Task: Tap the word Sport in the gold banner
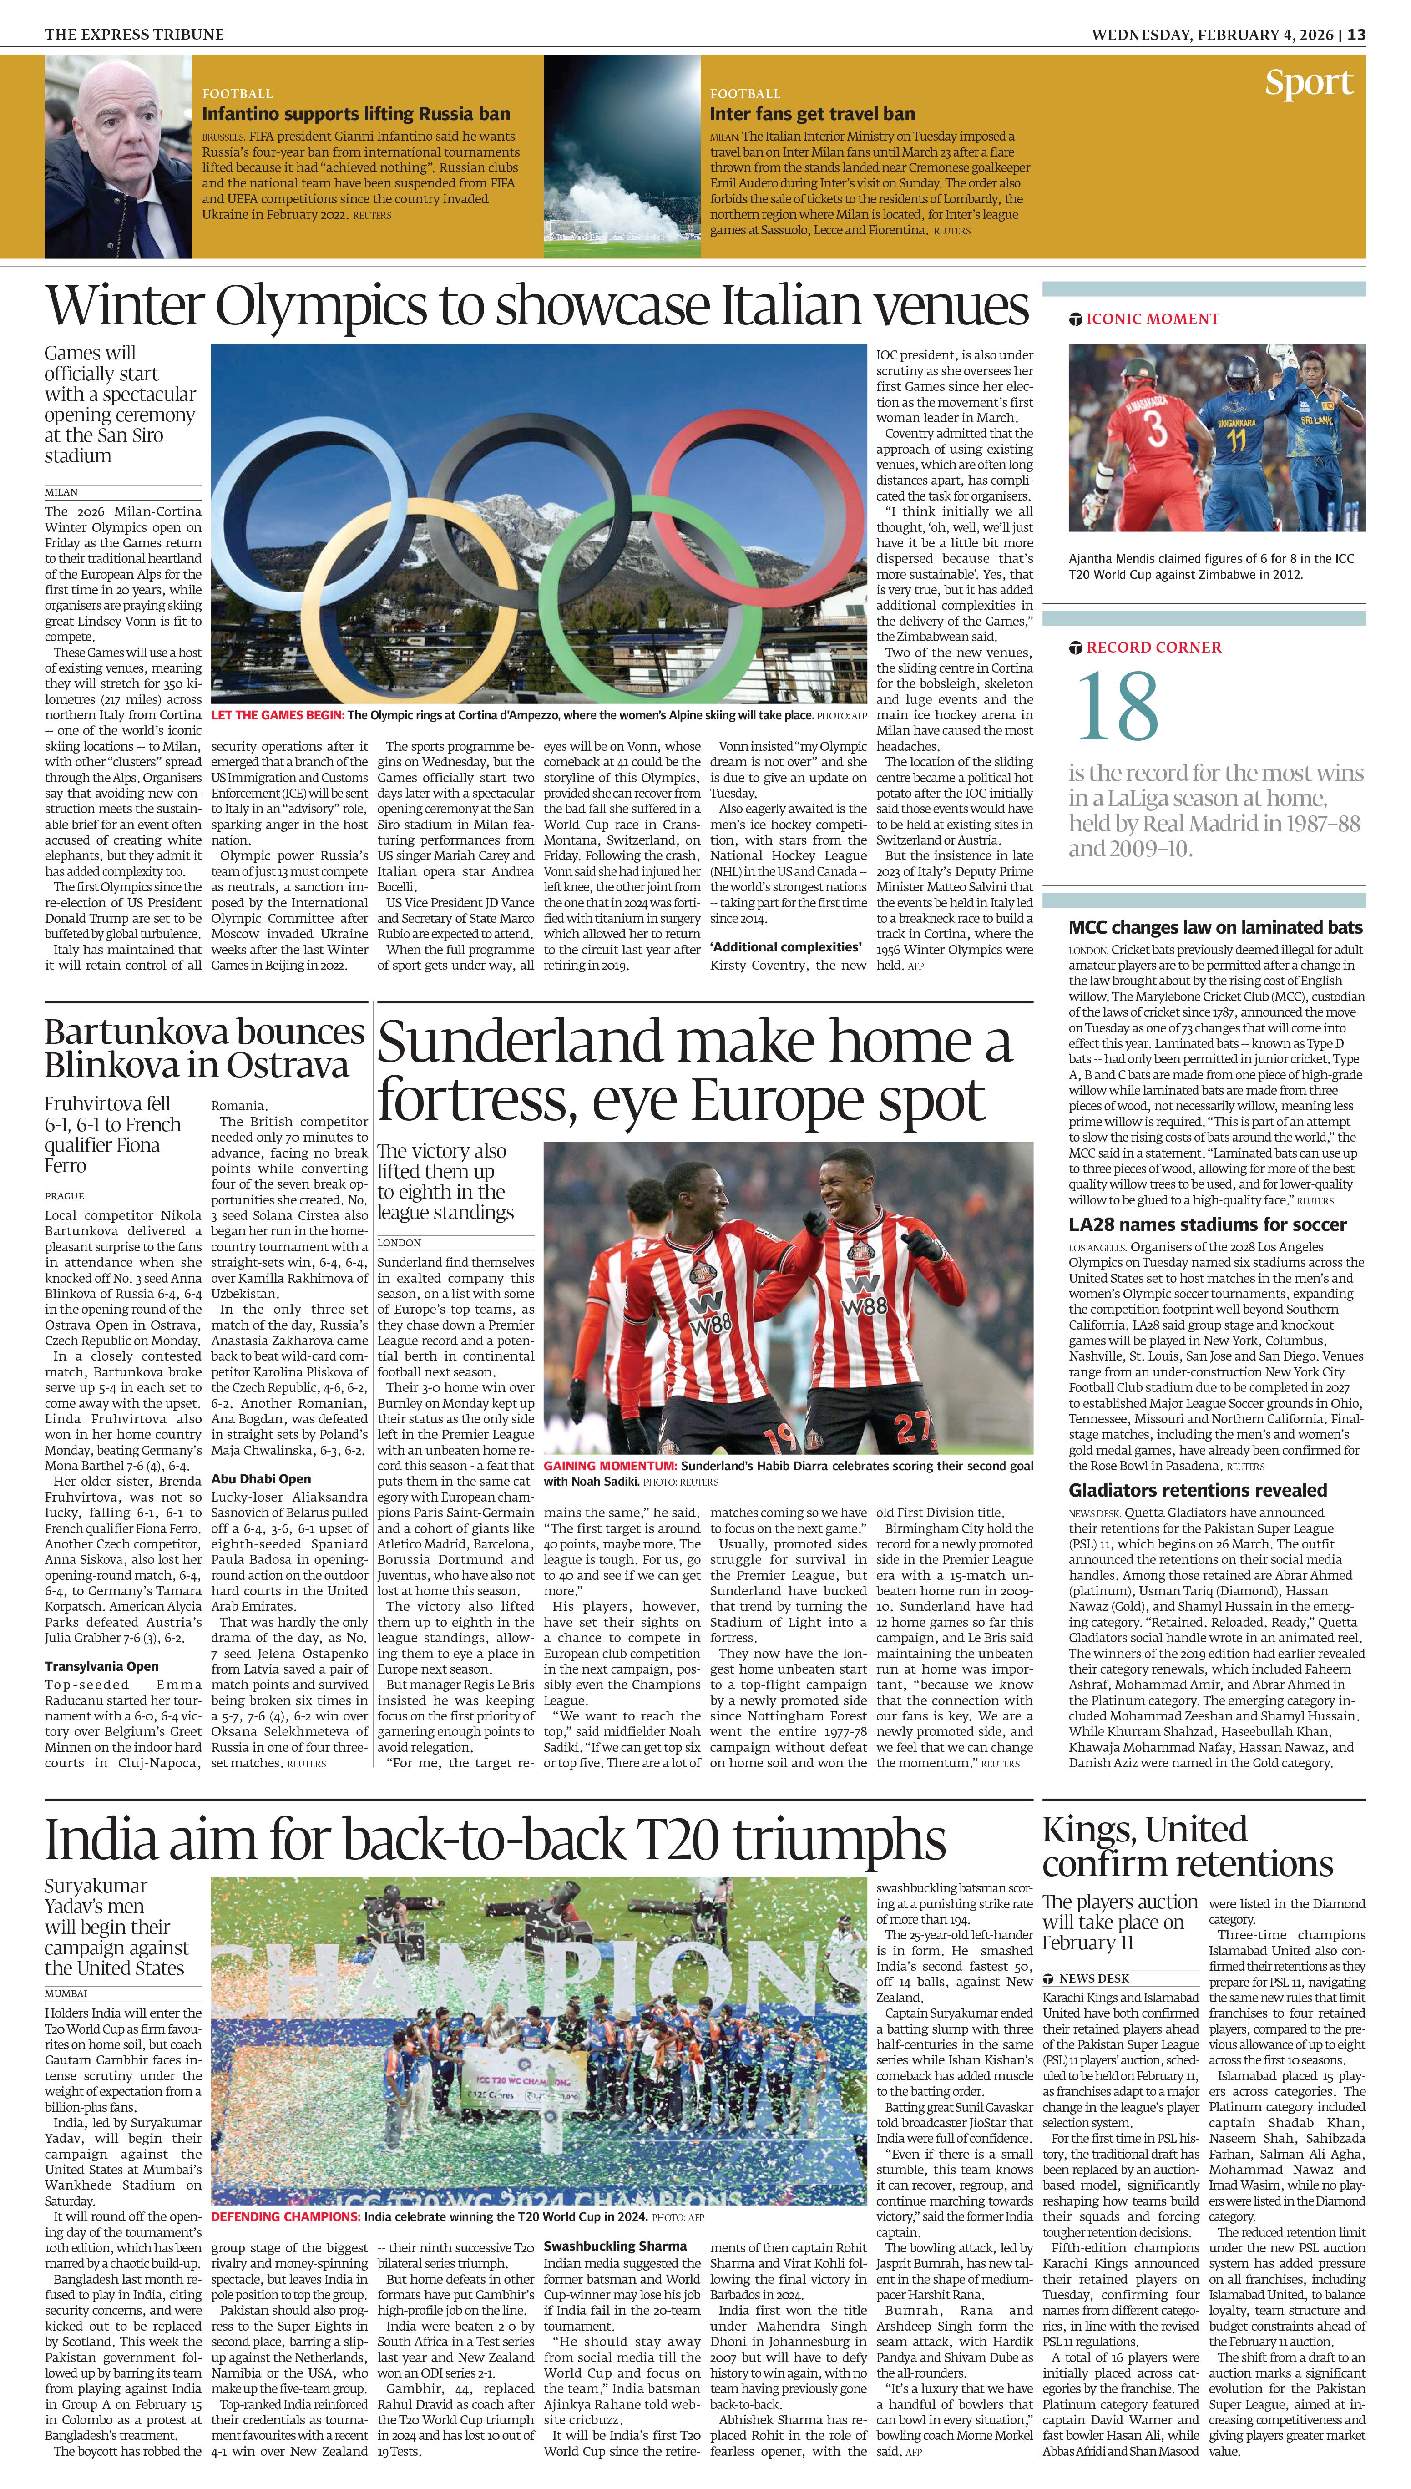1308,83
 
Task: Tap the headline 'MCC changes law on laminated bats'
1215,927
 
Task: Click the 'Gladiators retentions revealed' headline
1198,1490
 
